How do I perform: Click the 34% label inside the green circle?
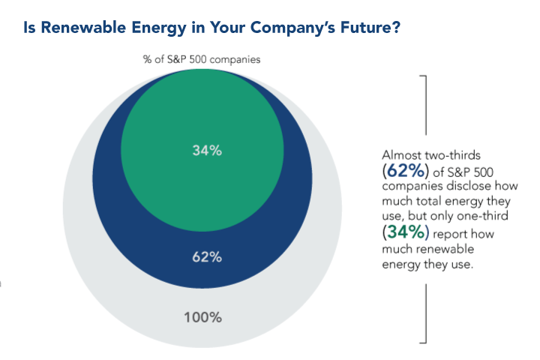(x=206, y=150)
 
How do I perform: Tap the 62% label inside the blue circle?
(x=206, y=257)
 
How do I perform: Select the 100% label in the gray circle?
(x=204, y=316)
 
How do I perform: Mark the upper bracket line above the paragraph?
(x=425, y=105)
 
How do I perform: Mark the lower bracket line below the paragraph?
(x=425, y=315)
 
